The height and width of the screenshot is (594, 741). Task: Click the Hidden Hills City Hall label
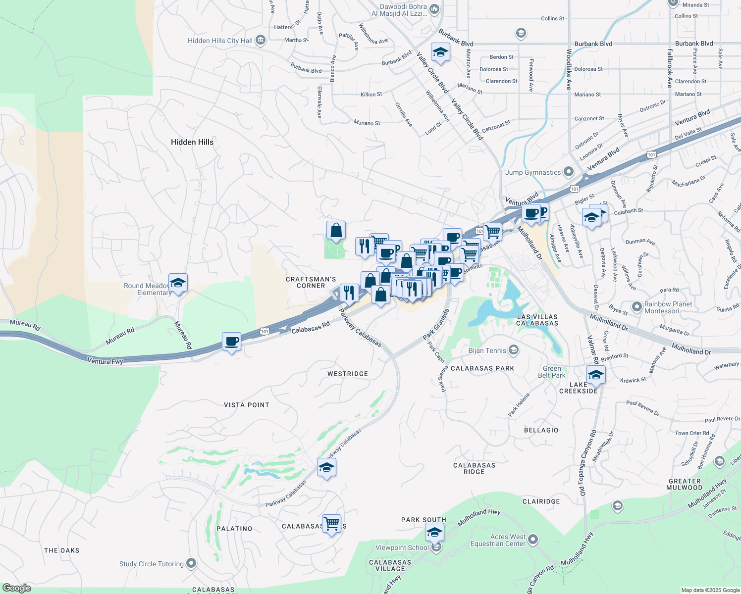220,41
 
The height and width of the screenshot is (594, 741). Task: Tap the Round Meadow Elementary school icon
178,283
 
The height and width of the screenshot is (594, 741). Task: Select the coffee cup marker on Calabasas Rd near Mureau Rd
231,342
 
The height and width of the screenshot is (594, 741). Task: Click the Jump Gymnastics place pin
569,172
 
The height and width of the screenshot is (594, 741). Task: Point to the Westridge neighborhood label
348,374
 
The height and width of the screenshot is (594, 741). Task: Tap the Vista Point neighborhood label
247,405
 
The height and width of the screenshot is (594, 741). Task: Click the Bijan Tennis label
487,350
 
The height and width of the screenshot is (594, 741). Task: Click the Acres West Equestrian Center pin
533,540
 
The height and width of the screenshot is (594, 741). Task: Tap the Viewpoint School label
402,547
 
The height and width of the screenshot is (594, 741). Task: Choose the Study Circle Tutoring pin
191,563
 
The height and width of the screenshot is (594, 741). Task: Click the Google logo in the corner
16,588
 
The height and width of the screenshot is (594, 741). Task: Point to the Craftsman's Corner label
311,282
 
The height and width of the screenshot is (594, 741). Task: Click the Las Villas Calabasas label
537,320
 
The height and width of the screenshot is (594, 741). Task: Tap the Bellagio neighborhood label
541,430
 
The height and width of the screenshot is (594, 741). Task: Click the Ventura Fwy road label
105,361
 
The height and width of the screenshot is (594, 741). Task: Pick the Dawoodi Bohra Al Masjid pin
434,9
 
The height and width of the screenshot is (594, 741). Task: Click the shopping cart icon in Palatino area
331,524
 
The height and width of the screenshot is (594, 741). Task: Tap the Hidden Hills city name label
192,142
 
